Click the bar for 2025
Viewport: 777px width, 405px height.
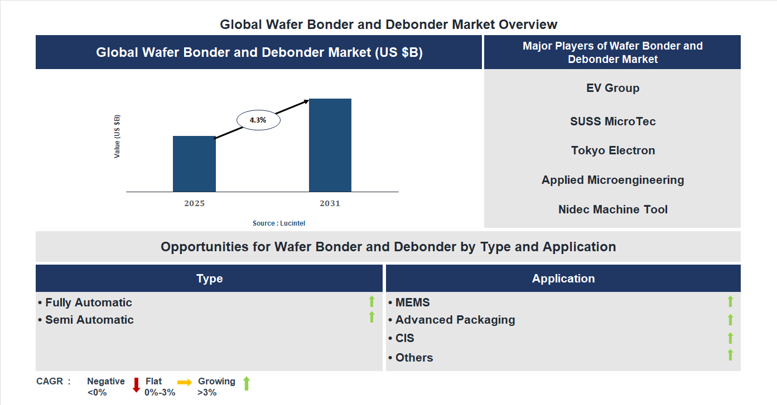coord(194,164)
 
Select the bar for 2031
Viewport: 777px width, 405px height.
coord(330,145)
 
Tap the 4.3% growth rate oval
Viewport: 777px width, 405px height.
coord(258,120)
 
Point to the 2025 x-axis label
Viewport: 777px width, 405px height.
coord(194,203)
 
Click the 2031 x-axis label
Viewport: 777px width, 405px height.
coord(330,203)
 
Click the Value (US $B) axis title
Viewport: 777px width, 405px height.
coord(117,136)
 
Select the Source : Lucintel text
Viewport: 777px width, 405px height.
coord(279,223)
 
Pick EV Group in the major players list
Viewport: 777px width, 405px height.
coord(612,88)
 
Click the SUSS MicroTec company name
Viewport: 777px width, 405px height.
coord(612,121)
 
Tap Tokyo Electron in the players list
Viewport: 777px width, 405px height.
coord(612,150)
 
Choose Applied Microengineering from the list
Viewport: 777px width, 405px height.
coord(612,180)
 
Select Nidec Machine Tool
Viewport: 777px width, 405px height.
coord(612,209)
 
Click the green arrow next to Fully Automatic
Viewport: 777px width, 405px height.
coord(371,302)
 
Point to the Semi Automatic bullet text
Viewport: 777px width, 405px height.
coord(89,320)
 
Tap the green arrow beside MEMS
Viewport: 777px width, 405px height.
coord(730,302)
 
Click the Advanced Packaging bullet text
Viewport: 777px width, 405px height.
coord(455,320)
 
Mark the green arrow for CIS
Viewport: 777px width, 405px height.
coord(730,338)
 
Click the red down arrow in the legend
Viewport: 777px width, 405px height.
coord(136,385)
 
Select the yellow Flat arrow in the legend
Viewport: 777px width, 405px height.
coord(185,382)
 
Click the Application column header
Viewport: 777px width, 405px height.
coord(563,279)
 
